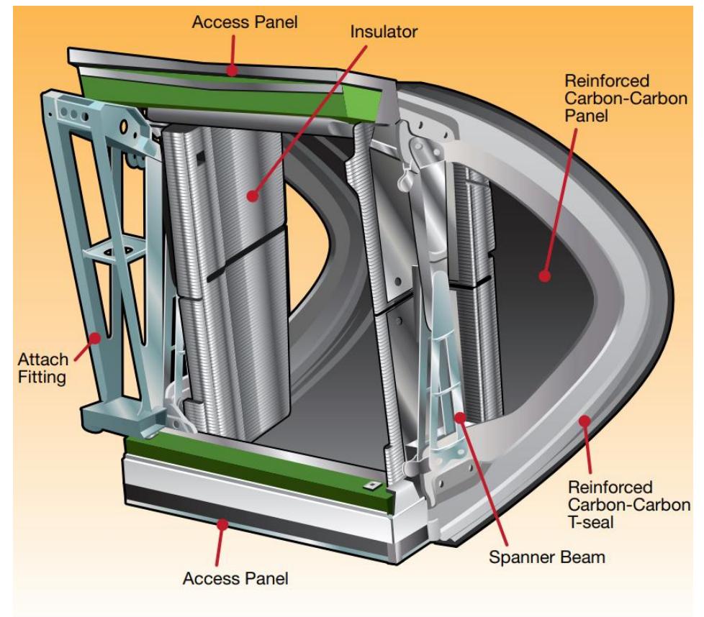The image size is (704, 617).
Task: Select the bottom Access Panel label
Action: (x=224, y=578)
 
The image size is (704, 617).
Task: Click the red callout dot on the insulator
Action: (x=252, y=195)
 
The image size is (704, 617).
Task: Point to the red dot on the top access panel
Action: (x=231, y=70)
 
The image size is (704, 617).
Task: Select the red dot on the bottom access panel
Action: (x=224, y=525)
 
